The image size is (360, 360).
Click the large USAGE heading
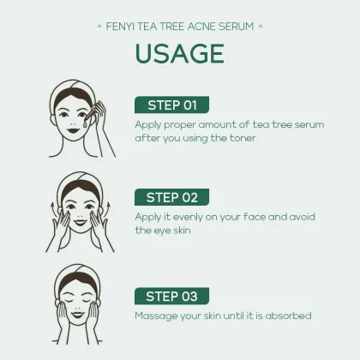(x=179, y=53)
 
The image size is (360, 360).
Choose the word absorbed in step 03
(x=289, y=315)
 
